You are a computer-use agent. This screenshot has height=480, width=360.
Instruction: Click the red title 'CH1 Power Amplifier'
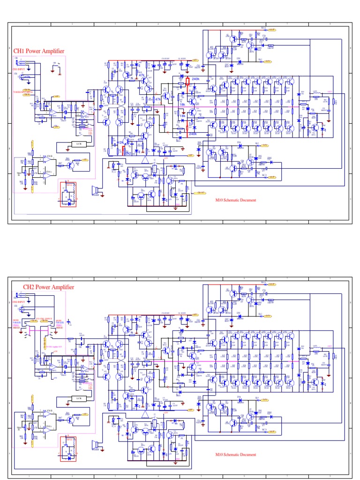(x=39, y=51)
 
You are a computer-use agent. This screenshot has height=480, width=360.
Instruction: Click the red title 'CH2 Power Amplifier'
(x=45, y=287)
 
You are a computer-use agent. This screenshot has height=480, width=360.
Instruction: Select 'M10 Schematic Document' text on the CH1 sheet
(x=236, y=200)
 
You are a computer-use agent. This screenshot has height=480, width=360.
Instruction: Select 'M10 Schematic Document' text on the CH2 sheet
(x=236, y=455)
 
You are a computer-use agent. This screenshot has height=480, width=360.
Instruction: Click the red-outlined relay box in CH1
(x=67, y=193)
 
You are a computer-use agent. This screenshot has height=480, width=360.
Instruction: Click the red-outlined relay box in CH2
(x=67, y=448)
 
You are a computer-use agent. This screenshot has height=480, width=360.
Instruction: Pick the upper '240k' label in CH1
(x=195, y=80)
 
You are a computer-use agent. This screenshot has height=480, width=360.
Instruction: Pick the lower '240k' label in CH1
(x=192, y=134)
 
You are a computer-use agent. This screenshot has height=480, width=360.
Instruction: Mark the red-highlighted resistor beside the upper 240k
(x=187, y=82)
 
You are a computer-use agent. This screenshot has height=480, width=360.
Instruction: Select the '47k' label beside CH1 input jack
(x=27, y=76)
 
